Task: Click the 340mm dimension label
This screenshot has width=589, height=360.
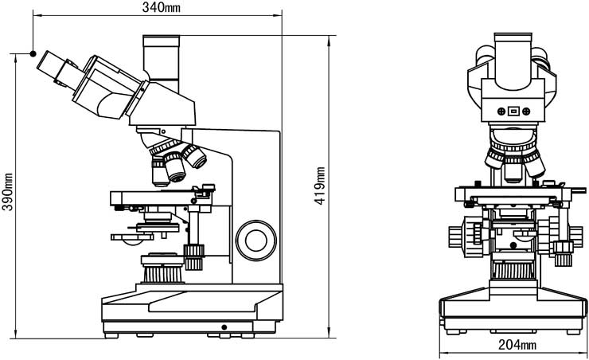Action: point(159,7)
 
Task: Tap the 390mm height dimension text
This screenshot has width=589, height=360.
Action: point(7,192)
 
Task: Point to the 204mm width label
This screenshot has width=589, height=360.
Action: point(515,345)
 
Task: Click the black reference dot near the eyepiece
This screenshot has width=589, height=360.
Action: point(33,53)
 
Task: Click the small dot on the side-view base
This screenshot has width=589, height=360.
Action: point(224,326)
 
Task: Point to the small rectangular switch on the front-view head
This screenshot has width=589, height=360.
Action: point(514,112)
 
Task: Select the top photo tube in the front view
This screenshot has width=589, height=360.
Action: point(513,58)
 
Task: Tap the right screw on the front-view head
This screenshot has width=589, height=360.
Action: point(527,112)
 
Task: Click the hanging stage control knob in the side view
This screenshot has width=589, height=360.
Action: point(193,256)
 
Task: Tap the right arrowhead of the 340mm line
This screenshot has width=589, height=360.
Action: point(279,14)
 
